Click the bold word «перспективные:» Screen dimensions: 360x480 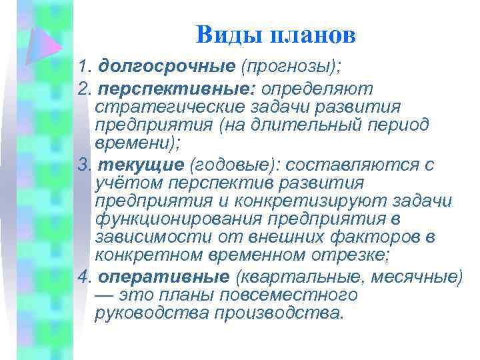click(x=177, y=89)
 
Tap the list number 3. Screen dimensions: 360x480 click(x=82, y=164)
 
